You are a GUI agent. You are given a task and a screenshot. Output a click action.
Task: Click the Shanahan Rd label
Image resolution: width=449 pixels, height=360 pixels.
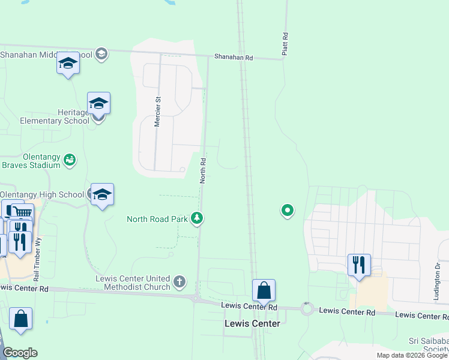tap(234, 58)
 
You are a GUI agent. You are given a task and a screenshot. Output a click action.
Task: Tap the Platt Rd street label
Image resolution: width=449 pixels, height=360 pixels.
tap(286, 45)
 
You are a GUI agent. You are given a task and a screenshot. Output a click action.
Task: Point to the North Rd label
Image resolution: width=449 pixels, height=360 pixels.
tap(203, 170)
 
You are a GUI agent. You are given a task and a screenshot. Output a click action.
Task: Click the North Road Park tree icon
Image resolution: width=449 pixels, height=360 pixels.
tap(196, 218)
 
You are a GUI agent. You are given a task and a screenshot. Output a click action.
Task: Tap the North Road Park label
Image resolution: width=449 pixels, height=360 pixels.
tap(157, 219)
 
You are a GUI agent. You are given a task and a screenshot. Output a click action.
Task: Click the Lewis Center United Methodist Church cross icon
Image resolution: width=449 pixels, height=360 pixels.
tap(179, 281)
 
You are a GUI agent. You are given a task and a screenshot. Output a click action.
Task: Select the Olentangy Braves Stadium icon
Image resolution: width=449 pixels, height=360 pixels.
tap(70, 160)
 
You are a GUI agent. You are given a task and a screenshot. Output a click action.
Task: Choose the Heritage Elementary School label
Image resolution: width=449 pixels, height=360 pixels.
tap(45, 116)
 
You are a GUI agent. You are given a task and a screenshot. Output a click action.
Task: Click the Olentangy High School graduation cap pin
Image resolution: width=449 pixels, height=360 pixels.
tap(103, 194)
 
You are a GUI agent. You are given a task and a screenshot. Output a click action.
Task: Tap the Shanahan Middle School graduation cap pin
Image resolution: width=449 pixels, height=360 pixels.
tap(68, 63)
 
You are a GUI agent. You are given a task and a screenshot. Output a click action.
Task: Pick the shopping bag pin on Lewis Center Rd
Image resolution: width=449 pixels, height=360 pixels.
tap(264, 291)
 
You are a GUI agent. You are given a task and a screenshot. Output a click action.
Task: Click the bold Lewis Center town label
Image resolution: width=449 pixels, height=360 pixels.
tap(252, 323)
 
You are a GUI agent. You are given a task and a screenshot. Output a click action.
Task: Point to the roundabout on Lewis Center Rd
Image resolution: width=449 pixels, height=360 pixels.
tap(307, 309)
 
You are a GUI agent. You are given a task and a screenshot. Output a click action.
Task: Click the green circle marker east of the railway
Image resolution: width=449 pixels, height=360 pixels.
tap(288, 210)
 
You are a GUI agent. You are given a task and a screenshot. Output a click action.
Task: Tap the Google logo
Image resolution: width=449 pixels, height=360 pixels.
tap(20, 353)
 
